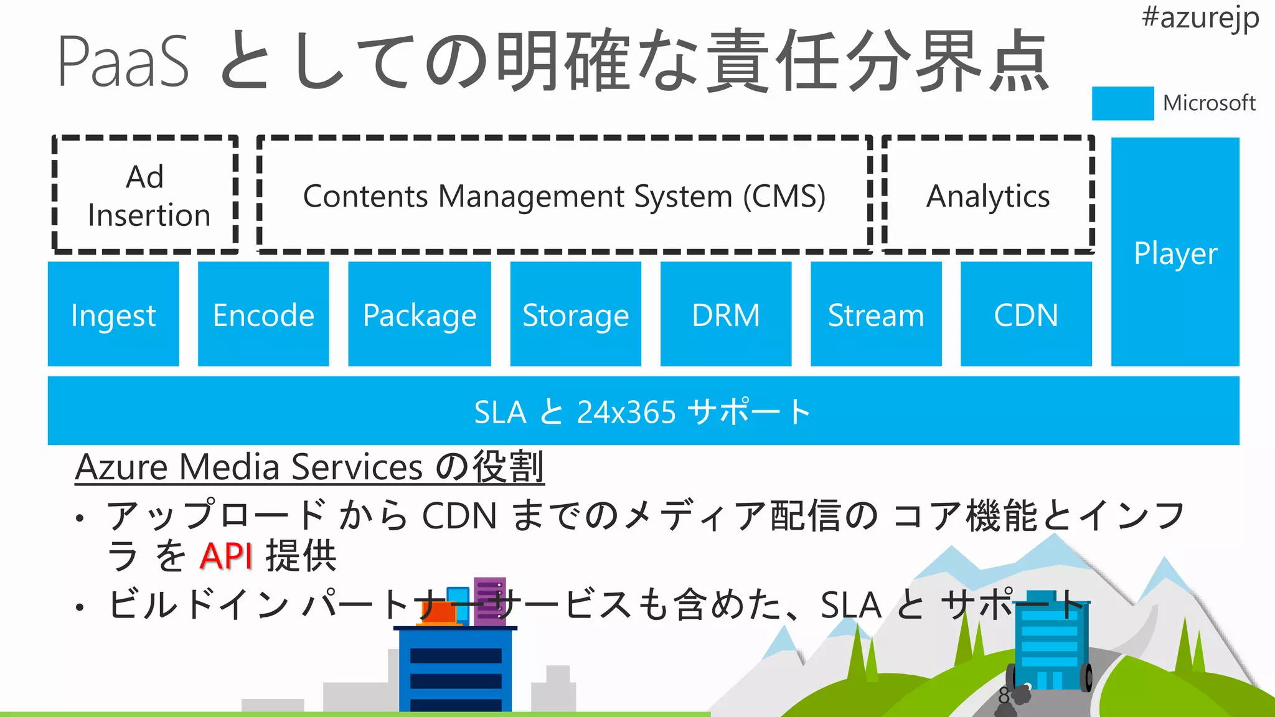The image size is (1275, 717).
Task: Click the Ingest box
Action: (x=113, y=314)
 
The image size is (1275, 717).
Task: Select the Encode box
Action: (x=263, y=314)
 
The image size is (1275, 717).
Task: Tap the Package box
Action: (x=420, y=314)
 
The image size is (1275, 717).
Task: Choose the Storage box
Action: (x=576, y=314)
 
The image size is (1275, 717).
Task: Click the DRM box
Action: (x=726, y=314)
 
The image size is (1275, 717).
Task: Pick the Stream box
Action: (x=876, y=314)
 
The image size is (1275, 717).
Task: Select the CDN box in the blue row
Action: (x=1026, y=314)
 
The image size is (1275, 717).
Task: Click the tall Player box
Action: (x=1175, y=252)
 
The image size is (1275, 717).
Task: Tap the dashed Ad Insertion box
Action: (x=146, y=195)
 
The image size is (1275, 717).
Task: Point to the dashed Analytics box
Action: (x=988, y=195)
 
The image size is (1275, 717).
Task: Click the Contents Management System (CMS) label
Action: (x=564, y=196)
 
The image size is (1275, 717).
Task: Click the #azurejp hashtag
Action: (x=1200, y=17)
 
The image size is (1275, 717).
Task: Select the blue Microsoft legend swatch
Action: (x=1122, y=103)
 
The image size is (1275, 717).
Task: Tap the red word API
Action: (x=225, y=556)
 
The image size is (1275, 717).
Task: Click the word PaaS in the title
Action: (x=123, y=62)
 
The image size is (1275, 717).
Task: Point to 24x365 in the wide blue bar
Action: (x=626, y=412)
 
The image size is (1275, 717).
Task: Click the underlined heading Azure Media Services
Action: (x=249, y=467)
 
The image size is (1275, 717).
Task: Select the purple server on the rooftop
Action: (x=490, y=601)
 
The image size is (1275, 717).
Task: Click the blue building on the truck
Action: (x=1051, y=644)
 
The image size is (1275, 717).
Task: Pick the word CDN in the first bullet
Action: (x=459, y=516)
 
